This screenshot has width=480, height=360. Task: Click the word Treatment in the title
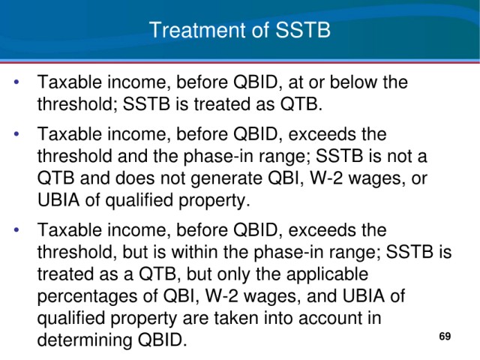coord(198,30)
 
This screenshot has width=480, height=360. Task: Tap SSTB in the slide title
coord(303,30)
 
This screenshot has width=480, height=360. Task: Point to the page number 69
coord(445,336)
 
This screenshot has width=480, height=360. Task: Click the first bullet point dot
coord(16,82)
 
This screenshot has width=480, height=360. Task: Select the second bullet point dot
coord(16,134)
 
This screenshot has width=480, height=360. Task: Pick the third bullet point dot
coord(16,229)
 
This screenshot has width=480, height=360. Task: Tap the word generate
coord(226,178)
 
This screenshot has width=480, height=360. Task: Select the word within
coord(194,252)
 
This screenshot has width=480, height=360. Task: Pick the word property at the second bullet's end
coord(214,201)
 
